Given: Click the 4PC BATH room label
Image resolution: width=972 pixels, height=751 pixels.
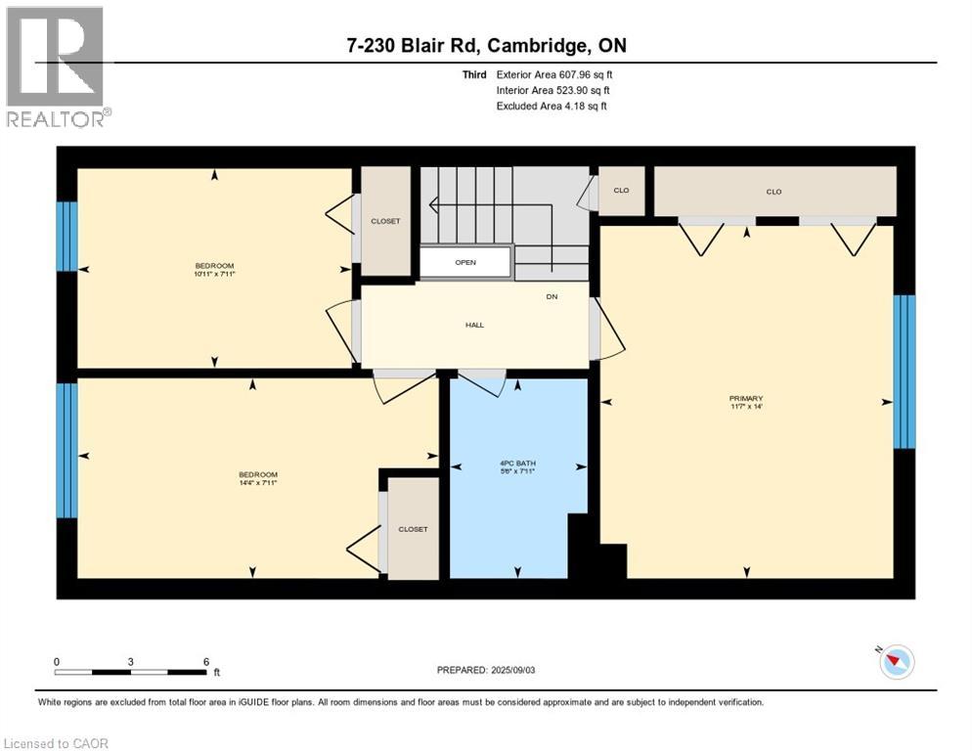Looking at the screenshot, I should pos(517,464).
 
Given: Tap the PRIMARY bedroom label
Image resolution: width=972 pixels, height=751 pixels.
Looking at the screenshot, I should pos(745,398).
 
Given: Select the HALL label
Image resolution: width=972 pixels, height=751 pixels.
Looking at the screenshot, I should pos(474,325).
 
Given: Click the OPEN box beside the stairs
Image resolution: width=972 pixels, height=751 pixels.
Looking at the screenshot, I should pos(465,262).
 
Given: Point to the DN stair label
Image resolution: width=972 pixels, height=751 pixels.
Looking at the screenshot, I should pos(552,297).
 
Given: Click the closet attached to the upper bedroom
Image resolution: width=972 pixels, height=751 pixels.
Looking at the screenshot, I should pos(385,221).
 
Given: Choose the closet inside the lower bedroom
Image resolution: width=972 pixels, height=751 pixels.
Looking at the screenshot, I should pos(413,529).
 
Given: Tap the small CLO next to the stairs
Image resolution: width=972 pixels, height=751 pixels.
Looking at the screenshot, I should pos(621,191).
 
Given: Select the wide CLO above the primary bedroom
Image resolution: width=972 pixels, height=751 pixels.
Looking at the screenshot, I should pos(773,192).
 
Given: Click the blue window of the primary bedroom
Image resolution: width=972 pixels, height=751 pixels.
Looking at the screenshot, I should pos(906,372).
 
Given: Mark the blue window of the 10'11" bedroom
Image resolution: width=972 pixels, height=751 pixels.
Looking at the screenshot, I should pos(66,236).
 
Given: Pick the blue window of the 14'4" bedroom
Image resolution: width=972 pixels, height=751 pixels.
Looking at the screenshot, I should pos(66,450).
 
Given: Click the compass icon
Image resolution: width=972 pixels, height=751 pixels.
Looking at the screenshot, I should pos(896,662).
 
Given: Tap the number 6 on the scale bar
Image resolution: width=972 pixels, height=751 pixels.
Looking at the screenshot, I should pos(206,661).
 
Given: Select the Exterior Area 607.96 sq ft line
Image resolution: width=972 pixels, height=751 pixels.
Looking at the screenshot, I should pos(554,74).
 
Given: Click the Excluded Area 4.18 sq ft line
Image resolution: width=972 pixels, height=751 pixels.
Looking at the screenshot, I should pos(552,106).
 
